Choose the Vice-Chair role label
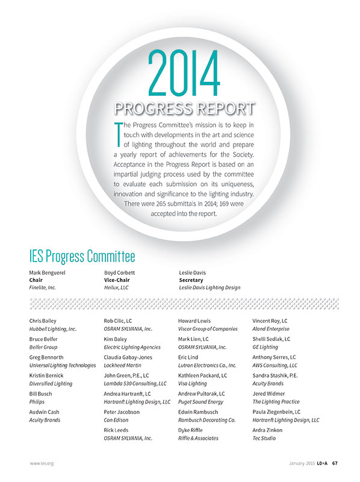[118, 280]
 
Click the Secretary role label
[191, 280]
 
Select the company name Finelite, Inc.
[43, 287]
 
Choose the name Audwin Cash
[44, 412]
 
